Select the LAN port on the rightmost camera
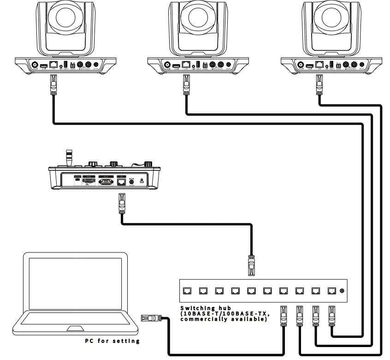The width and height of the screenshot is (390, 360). pos(319,64)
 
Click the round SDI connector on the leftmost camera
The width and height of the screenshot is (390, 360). pos(34,65)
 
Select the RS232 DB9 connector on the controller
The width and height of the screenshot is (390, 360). pos(105,181)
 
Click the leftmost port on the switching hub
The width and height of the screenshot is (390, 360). pos(187,291)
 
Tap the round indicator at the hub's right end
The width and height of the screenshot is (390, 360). pos(342,291)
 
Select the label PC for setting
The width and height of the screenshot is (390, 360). pos(112,341)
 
